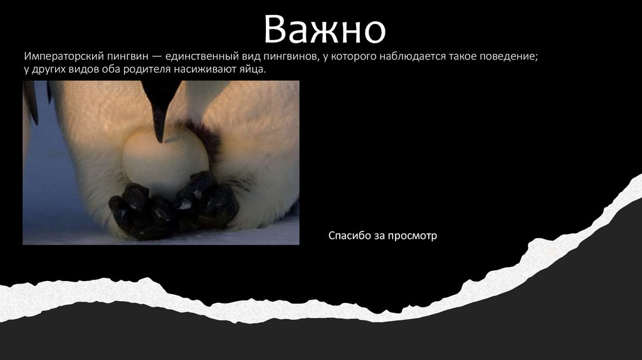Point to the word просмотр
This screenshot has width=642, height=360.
412,236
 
